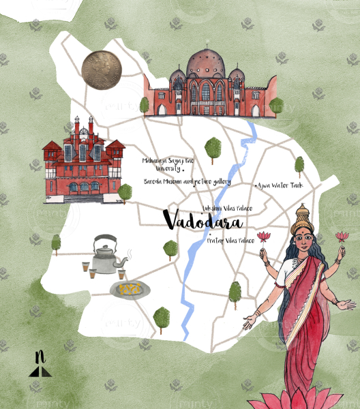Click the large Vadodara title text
203,220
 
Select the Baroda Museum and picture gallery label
187,182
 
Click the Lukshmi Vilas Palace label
227,207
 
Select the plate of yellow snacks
130,289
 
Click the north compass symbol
40,365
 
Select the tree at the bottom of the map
162,317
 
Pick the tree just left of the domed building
145,104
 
